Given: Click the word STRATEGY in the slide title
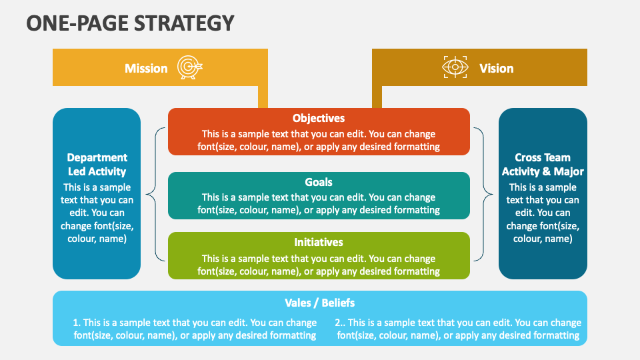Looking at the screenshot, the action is point(184,23).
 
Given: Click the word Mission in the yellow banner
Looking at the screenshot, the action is point(146,68).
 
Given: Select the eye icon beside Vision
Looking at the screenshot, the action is point(455,67).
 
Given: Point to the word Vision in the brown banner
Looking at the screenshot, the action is point(496,68).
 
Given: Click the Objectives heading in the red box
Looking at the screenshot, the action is point(319,119).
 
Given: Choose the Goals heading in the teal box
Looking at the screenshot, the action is point(319,182).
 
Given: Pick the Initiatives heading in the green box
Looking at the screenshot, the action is point(319,242).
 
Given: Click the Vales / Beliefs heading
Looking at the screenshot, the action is point(319,303).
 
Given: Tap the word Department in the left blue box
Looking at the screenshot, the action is point(97,157).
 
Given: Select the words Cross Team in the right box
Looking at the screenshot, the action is point(543,157).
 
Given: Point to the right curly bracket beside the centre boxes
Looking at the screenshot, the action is point(483,194).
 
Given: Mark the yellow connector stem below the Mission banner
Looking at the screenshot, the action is point(263,97).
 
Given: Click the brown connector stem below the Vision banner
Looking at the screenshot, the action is point(377,97).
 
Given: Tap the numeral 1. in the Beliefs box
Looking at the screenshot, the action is point(77,323).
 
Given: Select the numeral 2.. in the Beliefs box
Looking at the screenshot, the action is point(340,323).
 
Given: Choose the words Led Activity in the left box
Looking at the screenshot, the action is point(97,171).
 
